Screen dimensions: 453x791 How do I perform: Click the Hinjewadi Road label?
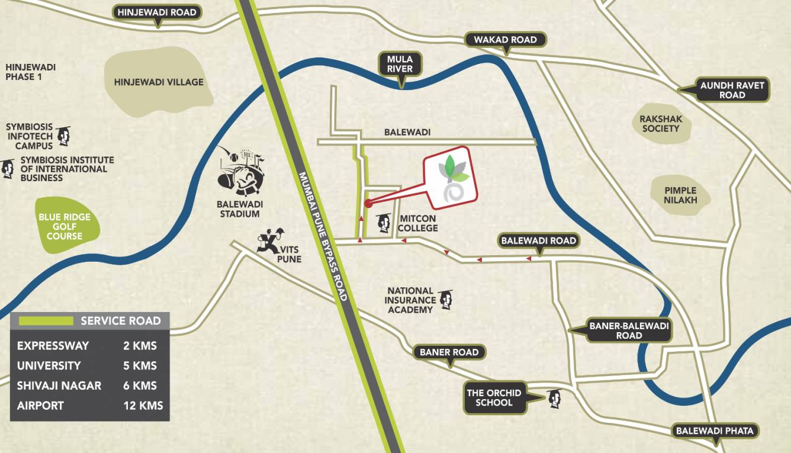[157, 12]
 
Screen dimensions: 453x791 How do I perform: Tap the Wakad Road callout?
[505, 40]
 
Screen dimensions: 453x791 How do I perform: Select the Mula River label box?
[400, 65]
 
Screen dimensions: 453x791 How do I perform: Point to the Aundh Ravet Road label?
[732, 90]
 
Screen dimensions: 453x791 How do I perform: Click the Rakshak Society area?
[661, 123]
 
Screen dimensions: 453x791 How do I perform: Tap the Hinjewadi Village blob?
[159, 82]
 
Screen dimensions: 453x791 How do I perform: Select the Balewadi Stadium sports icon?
[240, 172]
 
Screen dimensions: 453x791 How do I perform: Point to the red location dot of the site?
[368, 204]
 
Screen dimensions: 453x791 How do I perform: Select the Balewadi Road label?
[538, 241]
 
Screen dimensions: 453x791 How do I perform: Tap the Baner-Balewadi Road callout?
[629, 330]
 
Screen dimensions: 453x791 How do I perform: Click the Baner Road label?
[449, 352]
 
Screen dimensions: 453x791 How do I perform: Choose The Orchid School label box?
[494, 397]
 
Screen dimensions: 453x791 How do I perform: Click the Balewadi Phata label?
[715, 431]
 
